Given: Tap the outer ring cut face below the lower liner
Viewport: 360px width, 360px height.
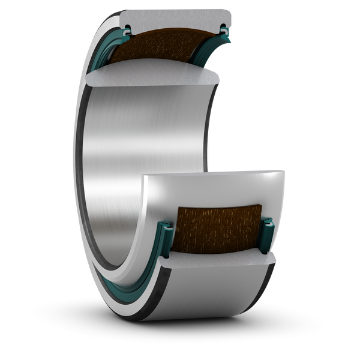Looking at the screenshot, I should (x=216, y=263).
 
